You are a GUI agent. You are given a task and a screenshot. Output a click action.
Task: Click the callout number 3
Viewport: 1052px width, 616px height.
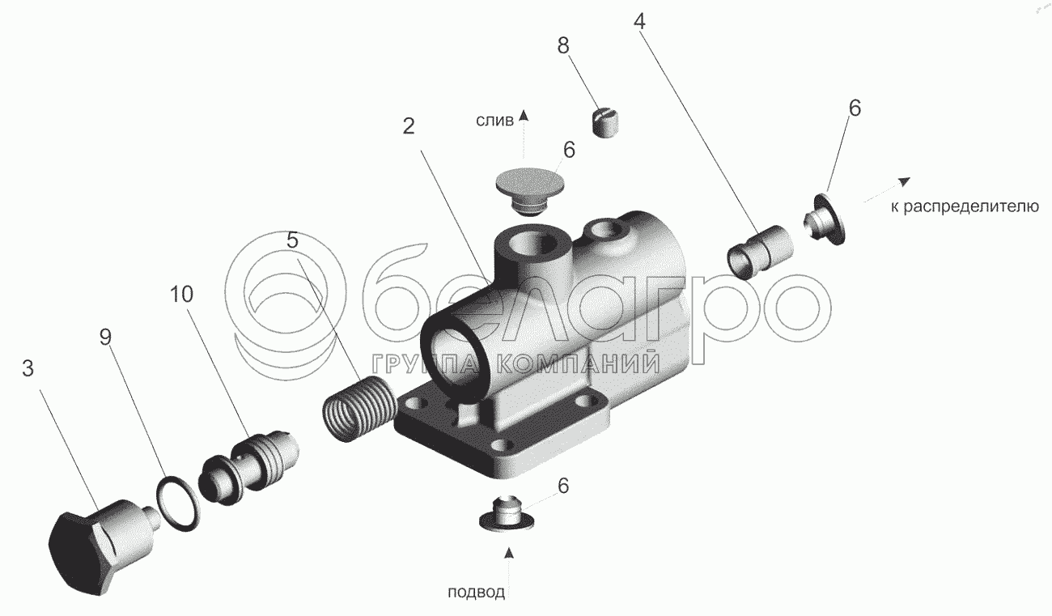click(28, 370)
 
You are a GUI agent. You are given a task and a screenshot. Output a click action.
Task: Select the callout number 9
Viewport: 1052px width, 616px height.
click(105, 338)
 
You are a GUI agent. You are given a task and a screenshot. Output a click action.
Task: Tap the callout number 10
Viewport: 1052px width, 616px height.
click(182, 295)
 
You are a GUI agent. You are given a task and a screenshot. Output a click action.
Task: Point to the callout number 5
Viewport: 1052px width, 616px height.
click(292, 240)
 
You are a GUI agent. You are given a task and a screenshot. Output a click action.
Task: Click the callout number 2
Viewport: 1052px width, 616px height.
click(409, 125)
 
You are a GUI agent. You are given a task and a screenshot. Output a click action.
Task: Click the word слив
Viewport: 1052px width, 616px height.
click(494, 121)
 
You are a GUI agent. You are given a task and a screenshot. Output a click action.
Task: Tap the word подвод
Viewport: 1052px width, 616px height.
click(477, 593)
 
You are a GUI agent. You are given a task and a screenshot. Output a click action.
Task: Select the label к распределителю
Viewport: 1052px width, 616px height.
click(965, 207)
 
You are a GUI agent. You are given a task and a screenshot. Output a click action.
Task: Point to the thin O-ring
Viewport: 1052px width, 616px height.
click(176, 503)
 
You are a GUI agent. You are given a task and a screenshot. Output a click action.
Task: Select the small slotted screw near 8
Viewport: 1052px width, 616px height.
click(607, 123)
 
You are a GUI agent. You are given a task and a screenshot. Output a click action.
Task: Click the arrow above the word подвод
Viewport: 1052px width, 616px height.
click(509, 554)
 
